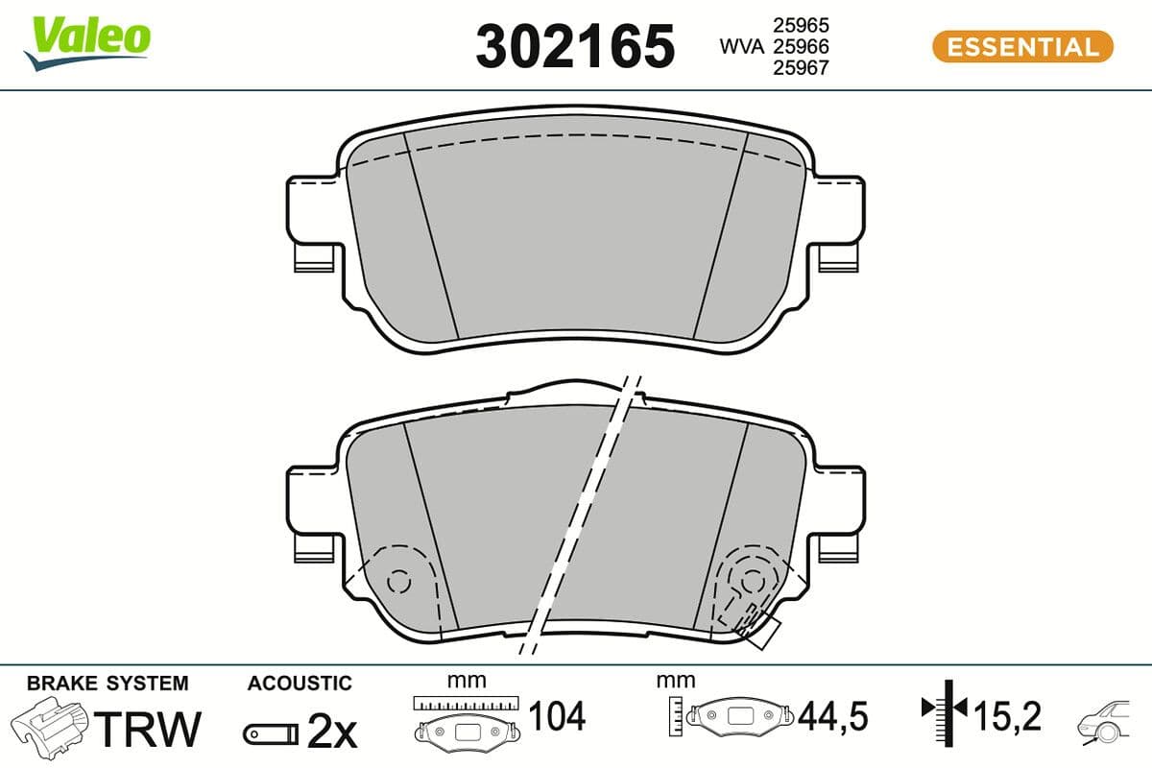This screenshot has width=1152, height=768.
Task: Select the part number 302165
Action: [x=575, y=46]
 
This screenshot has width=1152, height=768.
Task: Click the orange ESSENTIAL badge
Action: [x=1022, y=46]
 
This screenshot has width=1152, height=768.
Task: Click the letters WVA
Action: [x=741, y=46]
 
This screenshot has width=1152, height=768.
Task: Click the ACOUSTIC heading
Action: [x=300, y=684]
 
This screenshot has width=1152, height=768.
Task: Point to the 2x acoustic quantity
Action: [x=332, y=732]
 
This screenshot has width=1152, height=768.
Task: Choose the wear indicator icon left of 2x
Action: [x=270, y=734]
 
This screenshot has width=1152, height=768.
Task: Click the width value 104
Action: [x=557, y=716]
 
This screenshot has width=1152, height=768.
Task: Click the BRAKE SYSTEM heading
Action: [x=108, y=684]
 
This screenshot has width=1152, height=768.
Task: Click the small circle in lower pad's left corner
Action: [x=398, y=581]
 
